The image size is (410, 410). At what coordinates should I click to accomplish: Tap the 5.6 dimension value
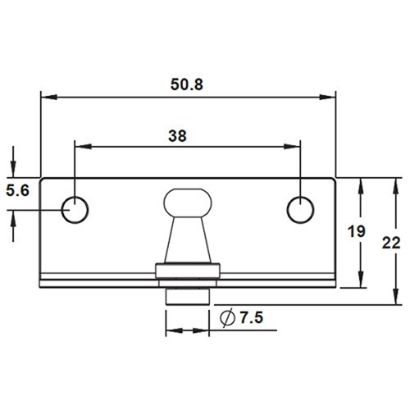(x=17, y=191)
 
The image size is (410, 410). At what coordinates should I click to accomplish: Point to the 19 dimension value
(x=355, y=232)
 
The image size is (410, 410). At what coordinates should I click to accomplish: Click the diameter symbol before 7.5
(x=226, y=319)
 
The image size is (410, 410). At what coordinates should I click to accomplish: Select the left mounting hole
(x=75, y=210)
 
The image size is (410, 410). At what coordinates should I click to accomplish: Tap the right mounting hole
(x=300, y=210)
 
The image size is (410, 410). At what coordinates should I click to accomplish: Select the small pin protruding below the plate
(x=189, y=294)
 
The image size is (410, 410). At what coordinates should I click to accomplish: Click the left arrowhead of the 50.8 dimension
(x=46, y=97)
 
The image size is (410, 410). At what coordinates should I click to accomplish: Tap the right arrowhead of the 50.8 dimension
(x=331, y=97)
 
